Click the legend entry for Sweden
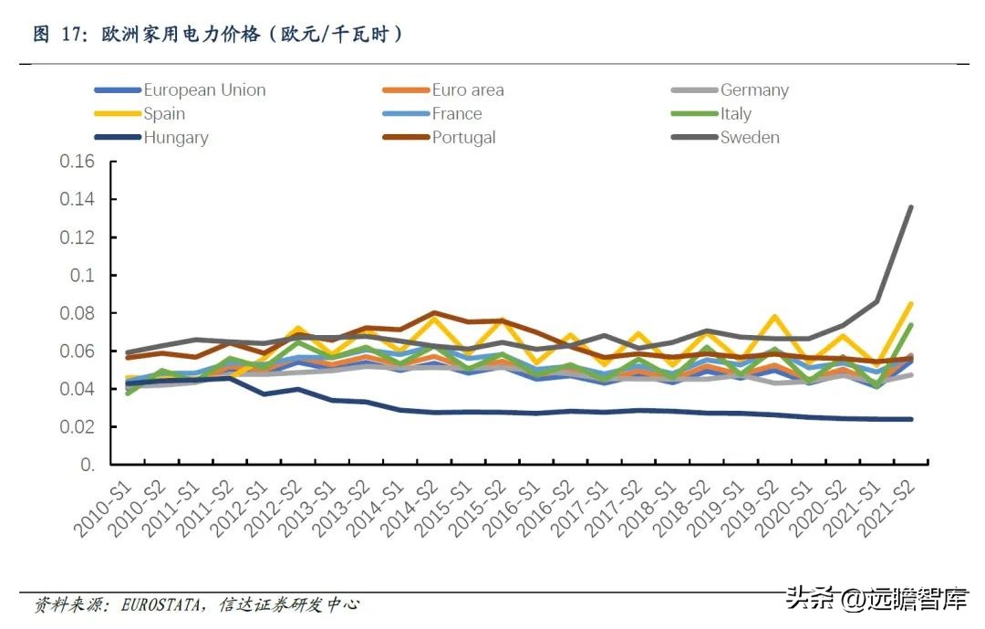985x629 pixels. tap(750, 138)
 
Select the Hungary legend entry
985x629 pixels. tap(175, 138)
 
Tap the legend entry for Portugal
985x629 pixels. tap(463, 138)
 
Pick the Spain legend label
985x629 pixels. tap(164, 114)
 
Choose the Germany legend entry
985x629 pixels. tap(754, 90)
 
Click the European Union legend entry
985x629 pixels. tap(204, 90)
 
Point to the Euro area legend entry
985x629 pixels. tap(467, 90)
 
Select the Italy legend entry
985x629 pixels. tap(735, 114)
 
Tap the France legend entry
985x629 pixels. tap(457, 114)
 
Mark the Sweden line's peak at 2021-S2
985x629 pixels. tap(910, 207)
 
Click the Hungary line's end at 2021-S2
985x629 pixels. tap(910, 419)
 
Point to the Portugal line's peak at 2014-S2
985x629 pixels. tap(435, 313)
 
